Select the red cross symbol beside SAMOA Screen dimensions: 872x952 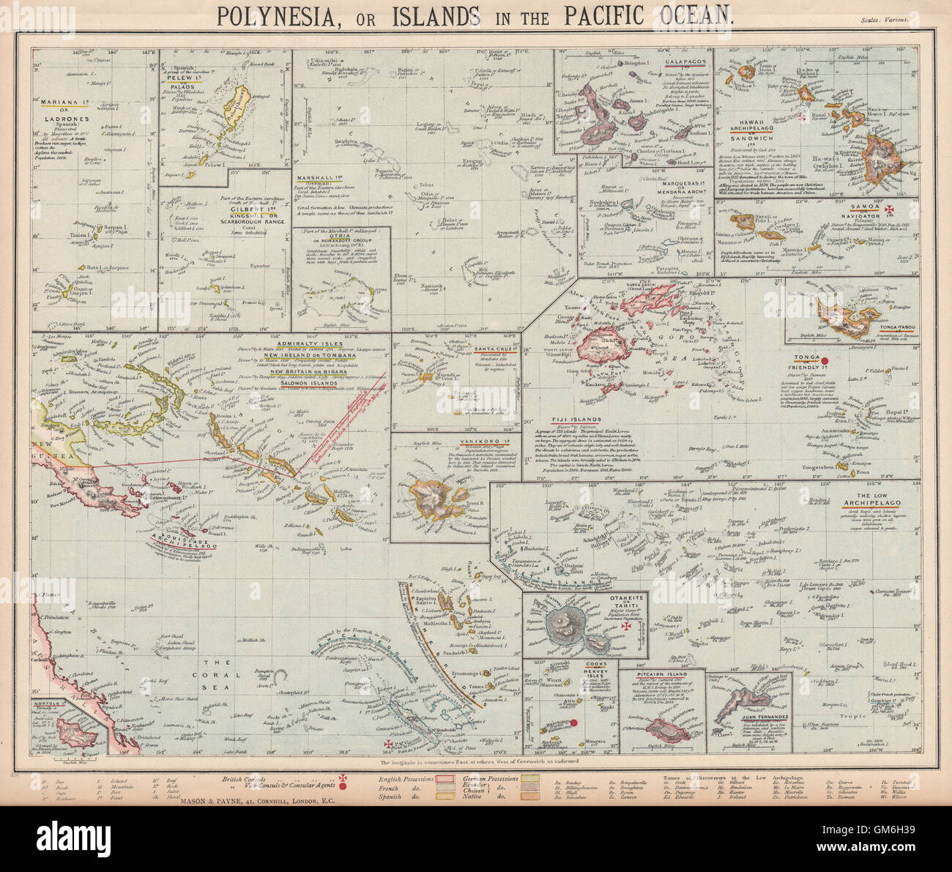pyautogui.click(x=890, y=212)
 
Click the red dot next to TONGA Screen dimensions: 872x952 pyautogui.click(x=825, y=359)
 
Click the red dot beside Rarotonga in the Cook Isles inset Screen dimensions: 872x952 pyautogui.click(x=573, y=723)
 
